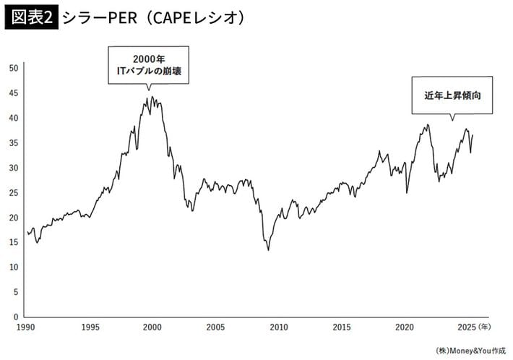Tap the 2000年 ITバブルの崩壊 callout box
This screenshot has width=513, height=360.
click(148, 64)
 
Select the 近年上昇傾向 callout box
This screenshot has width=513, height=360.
click(452, 95)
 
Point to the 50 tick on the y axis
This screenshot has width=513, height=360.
click(13, 68)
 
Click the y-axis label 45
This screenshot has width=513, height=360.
click(13, 93)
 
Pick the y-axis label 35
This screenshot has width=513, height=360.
click(13, 143)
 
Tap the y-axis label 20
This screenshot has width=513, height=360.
click(13, 218)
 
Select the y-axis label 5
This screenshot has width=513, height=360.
click(15, 292)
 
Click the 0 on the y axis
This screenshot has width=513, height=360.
click(15, 317)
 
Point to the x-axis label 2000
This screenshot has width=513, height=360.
click(152, 327)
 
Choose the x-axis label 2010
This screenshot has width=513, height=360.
click(279, 327)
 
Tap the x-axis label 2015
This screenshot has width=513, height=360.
click(342, 327)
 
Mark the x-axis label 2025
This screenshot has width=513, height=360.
click(467, 327)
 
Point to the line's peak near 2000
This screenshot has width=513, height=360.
click(152, 97)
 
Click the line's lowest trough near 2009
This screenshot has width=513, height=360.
click(269, 250)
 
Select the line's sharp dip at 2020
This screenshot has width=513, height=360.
click(407, 193)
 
